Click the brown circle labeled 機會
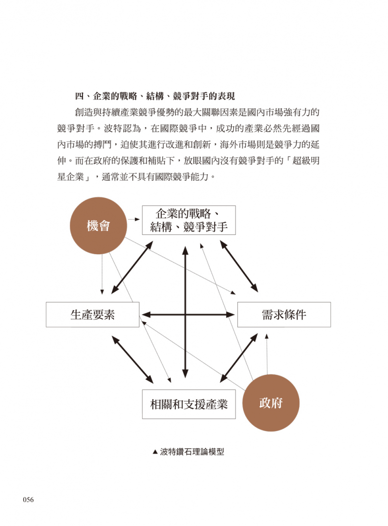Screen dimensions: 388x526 click(99, 226)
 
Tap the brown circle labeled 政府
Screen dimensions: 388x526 click(271, 403)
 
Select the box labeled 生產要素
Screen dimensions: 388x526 click(92, 315)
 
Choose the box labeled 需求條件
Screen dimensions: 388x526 click(284, 315)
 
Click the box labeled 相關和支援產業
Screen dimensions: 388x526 click(189, 404)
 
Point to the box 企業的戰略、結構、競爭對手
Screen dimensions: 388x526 click(189, 220)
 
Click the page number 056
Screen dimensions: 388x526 click(29, 499)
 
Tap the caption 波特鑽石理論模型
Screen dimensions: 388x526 click(192, 452)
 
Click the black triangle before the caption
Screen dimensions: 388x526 click(155, 452)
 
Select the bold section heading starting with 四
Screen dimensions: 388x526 click(155, 96)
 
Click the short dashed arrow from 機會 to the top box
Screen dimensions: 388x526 click(134, 219)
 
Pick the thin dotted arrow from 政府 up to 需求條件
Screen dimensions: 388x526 click(267, 353)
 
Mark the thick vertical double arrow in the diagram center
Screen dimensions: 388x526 click(186, 312)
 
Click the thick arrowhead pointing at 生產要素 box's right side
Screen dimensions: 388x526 click(146, 315)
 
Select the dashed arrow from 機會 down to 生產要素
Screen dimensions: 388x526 click(102, 274)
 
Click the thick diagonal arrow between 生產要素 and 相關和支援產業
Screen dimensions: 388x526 click(133, 360)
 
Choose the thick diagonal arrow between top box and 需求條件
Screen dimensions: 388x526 click(239, 266)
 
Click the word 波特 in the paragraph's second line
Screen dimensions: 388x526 click(113, 128)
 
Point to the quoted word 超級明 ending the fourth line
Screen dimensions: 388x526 click(306, 161)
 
